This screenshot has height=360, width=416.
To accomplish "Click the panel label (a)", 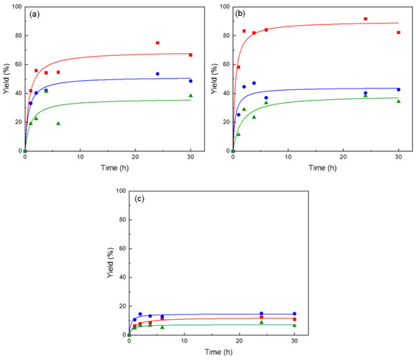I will [35, 14].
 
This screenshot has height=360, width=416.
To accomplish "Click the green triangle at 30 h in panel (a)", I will [191, 95].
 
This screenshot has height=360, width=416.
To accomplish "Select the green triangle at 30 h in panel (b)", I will [399, 101].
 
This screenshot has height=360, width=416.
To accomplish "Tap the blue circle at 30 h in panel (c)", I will [294, 314].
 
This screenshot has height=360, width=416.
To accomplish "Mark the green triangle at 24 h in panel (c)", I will [261, 322].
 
